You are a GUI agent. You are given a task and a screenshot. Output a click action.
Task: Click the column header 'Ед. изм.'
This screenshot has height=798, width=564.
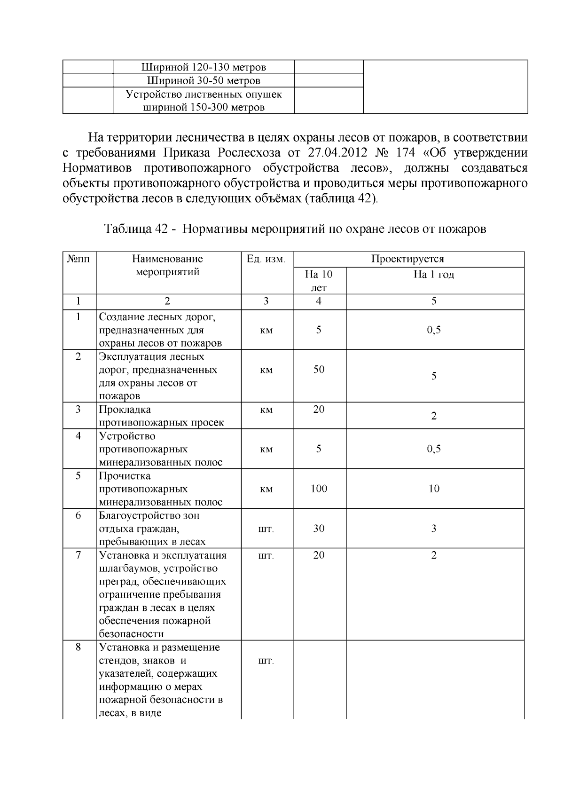[x=266, y=259]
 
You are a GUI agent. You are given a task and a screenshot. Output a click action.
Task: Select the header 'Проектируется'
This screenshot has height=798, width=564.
[x=407, y=259]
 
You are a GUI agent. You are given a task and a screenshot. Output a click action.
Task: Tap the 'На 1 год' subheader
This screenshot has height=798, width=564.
[x=434, y=275]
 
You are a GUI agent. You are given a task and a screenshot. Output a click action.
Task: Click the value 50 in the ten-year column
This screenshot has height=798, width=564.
[x=319, y=370]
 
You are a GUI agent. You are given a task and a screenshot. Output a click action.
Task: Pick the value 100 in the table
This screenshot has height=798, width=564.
[x=319, y=489]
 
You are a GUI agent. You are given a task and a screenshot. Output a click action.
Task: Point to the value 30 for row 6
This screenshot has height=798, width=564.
[x=319, y=529]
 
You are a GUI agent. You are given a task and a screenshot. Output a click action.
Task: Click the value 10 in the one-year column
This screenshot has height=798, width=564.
[x=434, y=489]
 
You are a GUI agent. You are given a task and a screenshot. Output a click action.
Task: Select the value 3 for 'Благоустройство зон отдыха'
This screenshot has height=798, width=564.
[x=434, y=529]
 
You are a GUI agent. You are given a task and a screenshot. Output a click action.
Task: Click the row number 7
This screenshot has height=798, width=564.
[x=78, y=555]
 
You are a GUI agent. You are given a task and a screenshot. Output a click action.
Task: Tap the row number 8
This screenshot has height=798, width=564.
[x=78, y=648]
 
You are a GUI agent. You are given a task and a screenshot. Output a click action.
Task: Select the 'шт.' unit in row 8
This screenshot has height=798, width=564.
[x=266, y=661]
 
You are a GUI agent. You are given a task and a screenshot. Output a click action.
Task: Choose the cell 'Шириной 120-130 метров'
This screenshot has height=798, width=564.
[x=204, y=67]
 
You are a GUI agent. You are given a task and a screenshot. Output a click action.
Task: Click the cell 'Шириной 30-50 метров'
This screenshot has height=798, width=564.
[x=204, y=81]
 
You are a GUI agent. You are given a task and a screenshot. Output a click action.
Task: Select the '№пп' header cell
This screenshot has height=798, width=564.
[x=79, y=259]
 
